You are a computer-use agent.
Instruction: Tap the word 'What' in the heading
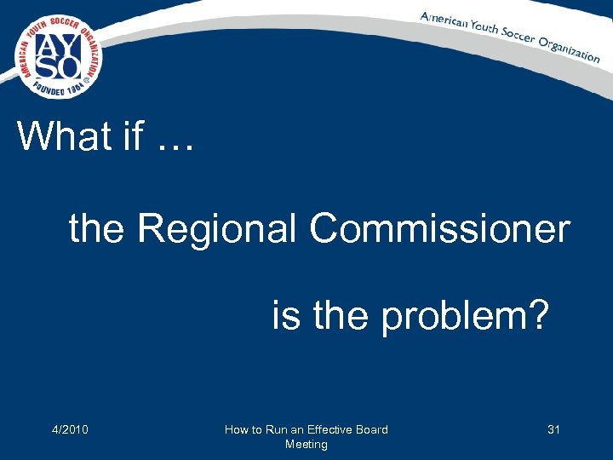coord(64,136)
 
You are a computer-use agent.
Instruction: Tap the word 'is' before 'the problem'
coord(285,316)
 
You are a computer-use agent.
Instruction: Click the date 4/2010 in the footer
coord(71,429)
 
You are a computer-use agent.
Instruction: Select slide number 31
coord(553,429)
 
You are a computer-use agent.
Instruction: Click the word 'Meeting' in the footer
coord(306,444)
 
